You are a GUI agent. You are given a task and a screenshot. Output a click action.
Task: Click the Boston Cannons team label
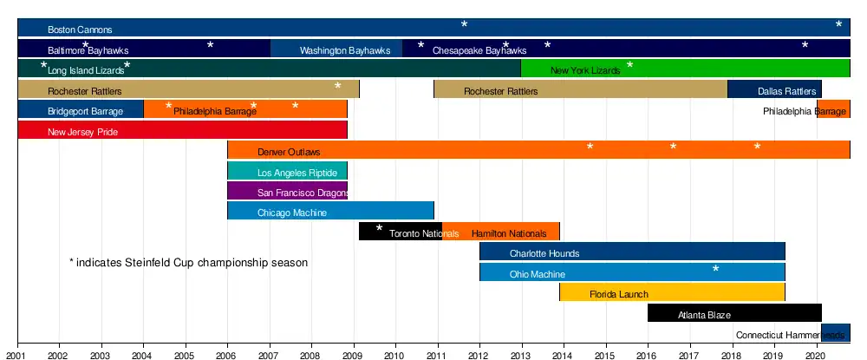(x=80, y=29)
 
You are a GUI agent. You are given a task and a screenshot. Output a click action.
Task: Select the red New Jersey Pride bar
(x=182, y=131)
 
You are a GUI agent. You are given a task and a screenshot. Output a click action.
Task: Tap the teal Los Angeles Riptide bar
(x=287, y=171)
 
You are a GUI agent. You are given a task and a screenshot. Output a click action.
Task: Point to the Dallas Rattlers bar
(x=774, y=89)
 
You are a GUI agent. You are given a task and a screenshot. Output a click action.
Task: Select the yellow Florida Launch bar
(x=672, y=292)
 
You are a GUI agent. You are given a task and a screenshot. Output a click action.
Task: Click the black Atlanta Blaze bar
(x=734, y=313)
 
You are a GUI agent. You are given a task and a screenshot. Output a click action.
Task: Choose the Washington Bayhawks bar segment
(x=336, y=49)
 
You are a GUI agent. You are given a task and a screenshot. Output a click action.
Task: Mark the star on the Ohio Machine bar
(x=716, y=269)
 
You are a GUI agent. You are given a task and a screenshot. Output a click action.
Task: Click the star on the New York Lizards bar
(x=630, y=66)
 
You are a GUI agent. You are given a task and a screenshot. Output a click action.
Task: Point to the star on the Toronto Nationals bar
(x=379, y=228)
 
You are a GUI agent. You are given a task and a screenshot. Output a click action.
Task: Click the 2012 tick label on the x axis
(x=479, y=354)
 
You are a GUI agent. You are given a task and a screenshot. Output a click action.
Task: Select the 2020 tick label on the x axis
(x=816, y=354)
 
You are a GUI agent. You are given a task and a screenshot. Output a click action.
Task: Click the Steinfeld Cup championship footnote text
(x=188, y=262)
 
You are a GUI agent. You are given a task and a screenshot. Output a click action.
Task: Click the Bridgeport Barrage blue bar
(x=81, y=110)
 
